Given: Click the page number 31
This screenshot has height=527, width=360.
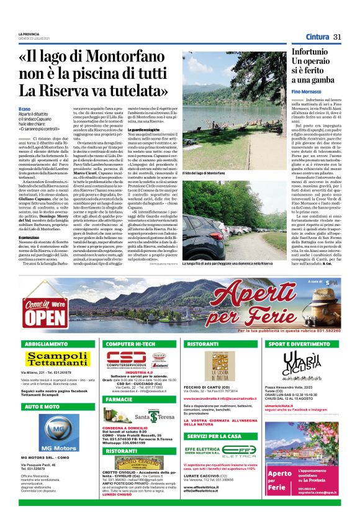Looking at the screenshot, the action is click(x=338, y=37).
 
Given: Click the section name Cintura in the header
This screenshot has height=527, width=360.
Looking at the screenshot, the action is click(x=317, y=37).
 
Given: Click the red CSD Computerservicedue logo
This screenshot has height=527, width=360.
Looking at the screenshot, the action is click(x=127, y=359).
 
